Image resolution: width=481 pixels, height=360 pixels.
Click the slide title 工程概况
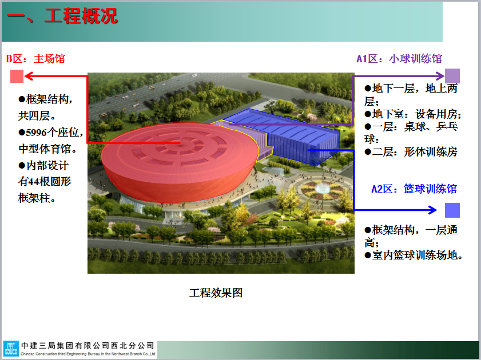[81, 16]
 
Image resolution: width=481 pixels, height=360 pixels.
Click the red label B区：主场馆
[36, 58]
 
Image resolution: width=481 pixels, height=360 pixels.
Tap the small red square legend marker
[17, 77]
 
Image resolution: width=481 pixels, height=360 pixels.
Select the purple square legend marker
[452, 75]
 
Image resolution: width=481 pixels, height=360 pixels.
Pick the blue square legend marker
[452, 210]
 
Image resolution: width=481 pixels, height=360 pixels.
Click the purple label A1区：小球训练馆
[399, 58]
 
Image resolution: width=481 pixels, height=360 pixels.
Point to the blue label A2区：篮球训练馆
[414, 189]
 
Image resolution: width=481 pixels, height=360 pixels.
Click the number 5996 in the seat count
[37, 133]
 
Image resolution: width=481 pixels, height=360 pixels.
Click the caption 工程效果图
[216, 293]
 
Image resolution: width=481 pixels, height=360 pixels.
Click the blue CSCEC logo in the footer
[11, 349]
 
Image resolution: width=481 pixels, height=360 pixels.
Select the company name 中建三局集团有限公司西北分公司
[88, 346]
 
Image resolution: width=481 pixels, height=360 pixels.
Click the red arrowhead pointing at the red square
[29, 77]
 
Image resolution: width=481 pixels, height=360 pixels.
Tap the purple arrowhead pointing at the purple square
[440, 75]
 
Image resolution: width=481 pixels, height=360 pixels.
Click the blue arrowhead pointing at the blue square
[432, 210]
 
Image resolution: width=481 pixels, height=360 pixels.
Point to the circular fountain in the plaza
[323, 188]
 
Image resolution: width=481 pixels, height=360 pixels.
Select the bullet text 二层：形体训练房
[415, 151]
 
